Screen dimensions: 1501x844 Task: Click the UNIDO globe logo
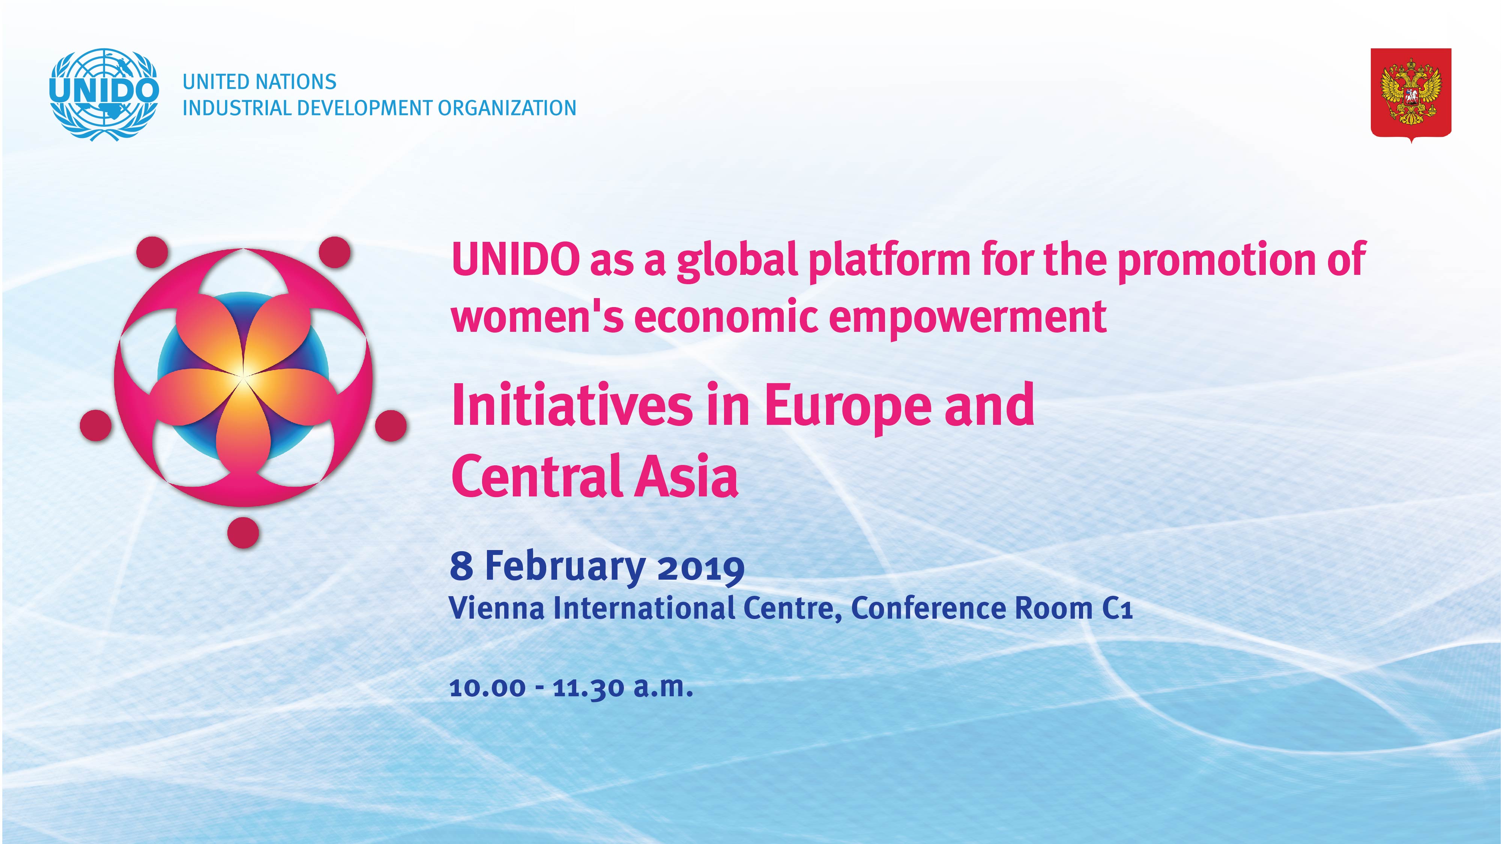tap(104, 94)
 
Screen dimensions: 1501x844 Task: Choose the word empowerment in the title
tap(968, 320)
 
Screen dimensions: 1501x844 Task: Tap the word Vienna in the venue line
tap(497, 609)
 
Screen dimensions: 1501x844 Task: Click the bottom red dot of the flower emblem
tap(243, 532)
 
